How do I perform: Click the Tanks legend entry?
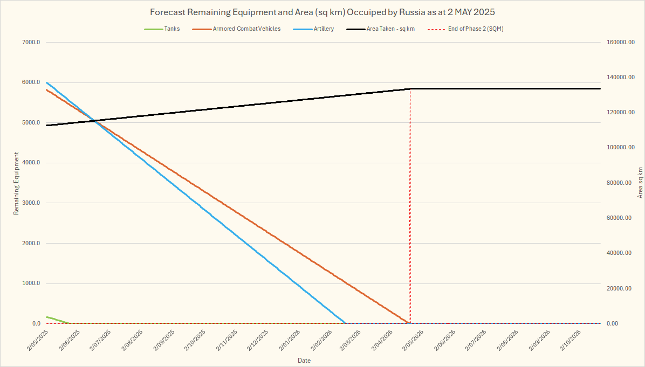coord(172,29)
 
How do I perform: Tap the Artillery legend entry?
coord(324,29)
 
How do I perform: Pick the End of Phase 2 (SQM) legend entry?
coord(476,29)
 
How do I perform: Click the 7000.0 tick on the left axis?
coord(30,43)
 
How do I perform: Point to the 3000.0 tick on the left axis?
coord(30,203)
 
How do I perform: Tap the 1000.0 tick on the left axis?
coord(30,283)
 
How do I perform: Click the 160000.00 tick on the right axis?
coord(618,43)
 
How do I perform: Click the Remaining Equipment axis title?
coord(16,183)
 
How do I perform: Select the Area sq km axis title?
coord(640,183)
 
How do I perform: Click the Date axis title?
coord(304,360)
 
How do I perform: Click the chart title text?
coord(322,12)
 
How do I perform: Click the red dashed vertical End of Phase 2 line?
coord(410,216)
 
